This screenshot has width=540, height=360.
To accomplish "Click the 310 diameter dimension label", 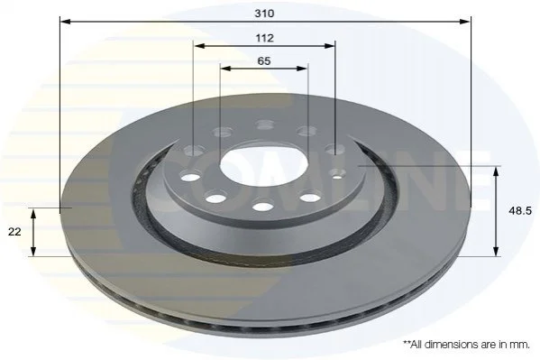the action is pos(264,14).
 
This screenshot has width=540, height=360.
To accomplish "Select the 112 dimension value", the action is pos(264,38).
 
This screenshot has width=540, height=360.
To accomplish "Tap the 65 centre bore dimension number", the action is pos(264,61).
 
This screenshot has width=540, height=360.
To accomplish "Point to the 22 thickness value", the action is pos(14,232).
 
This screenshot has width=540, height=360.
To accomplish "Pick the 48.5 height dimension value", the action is pos(520,211).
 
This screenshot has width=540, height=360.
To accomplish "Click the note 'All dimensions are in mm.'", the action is pos(467,344).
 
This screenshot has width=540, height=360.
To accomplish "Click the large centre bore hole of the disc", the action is pos(264,165).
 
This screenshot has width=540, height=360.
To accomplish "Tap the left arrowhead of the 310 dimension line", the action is pos(65,22).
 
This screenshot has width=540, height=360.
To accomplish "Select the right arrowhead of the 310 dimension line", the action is pos(465,22).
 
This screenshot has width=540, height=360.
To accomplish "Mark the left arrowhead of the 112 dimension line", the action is pos(198,45).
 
